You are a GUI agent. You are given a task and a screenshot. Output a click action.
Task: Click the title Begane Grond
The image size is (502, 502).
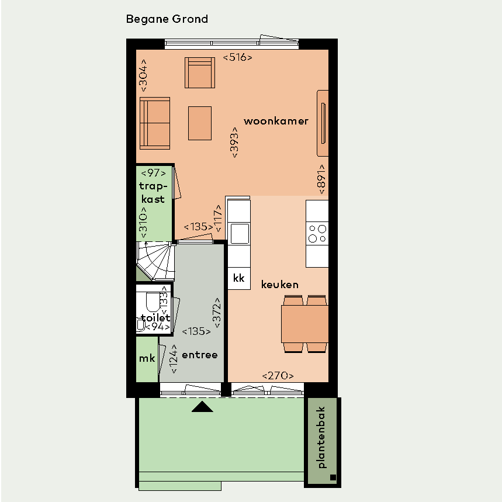pyautogui.click(x=167, y=19)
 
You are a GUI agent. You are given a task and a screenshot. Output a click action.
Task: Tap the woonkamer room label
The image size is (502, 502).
pyautogui.click(x=276, y=121)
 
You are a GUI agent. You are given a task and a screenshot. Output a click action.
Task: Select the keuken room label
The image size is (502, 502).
pyautogui.click(x=280, y=284)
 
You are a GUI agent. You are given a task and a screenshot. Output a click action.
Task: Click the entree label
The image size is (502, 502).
pyautogui.click(x=200, y=355)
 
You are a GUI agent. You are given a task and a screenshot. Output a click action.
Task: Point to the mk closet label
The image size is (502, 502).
pyautogui.click(x=147, y=358)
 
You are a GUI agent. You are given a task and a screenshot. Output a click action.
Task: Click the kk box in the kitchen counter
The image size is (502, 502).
pyautogui.click(x=239, y=278)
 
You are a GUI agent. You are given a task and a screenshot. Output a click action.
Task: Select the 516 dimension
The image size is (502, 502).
pyautogui.click(x=237, y=57)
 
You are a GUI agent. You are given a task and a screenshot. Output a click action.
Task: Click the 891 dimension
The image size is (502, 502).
pyautogui.click(x=321, y=179)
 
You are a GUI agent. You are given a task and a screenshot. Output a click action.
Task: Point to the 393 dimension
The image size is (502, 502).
pyautogui.click(x=234, y=143)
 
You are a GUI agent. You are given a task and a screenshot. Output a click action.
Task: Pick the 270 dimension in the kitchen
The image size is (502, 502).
pyautogui.click(x=278, y=376)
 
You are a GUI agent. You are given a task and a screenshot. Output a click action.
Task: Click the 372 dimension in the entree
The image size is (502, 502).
pyautogui.click(x=217, y=313)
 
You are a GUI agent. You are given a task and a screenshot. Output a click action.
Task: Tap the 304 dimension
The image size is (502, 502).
pyautogui.click(x=143, y=75)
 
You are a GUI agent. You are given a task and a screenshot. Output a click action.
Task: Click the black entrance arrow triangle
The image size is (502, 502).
pyautogui.click(x=202, y=407)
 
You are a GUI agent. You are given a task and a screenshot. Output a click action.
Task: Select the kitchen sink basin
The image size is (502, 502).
pyautogui.click(x=240, y=233)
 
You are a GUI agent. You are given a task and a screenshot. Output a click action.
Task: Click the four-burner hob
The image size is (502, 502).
pyautogui.click(x=317, y=234)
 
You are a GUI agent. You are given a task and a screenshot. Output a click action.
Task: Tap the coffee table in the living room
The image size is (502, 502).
pyautogui.click(x=200, y=123)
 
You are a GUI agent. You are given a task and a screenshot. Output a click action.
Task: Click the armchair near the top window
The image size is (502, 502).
pyautogui.click(x=200, y=72)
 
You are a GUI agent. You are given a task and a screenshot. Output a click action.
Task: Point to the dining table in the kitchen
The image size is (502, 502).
pyautogui.click(x=305, y=324)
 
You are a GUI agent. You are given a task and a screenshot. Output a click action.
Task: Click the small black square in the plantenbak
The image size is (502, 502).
pyautogui.click(x=333, y=477)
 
